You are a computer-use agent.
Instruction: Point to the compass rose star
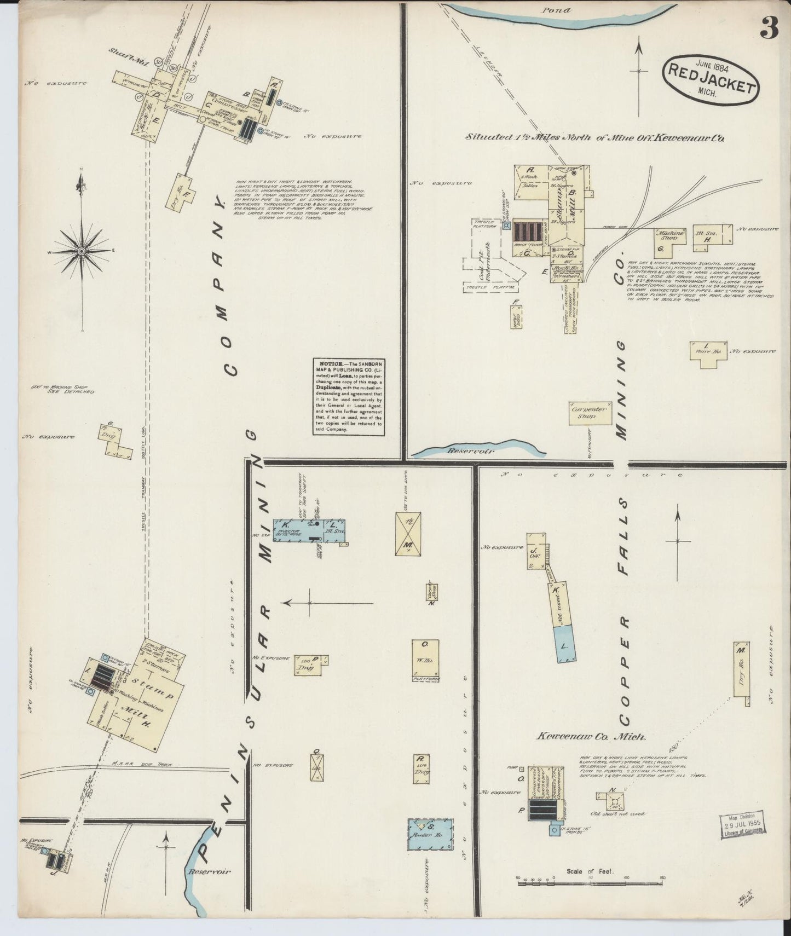[82, 251]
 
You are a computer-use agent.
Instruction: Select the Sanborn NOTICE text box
[349, 397]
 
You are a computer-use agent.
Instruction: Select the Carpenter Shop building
[584, 412]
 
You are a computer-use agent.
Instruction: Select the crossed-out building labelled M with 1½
[408, 533]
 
